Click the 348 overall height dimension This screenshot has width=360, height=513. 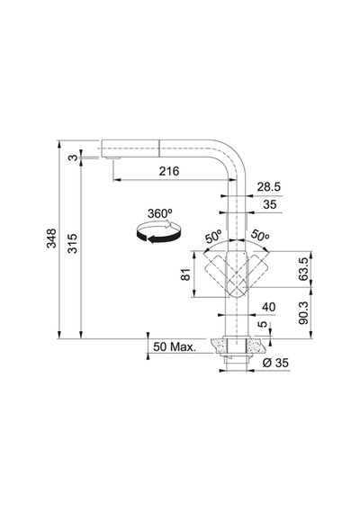tap(51, 238)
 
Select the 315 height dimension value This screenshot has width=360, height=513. tap(72, 243)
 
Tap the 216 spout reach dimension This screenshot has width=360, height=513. tap(169, 171)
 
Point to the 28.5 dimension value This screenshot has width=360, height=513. tap(269, 187)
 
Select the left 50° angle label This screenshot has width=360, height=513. tap(213, 236)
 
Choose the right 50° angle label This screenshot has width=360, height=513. tap(260, 236)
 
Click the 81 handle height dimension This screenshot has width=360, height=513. tap(185, 274)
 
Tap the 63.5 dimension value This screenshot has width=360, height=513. tap(303, 269)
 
